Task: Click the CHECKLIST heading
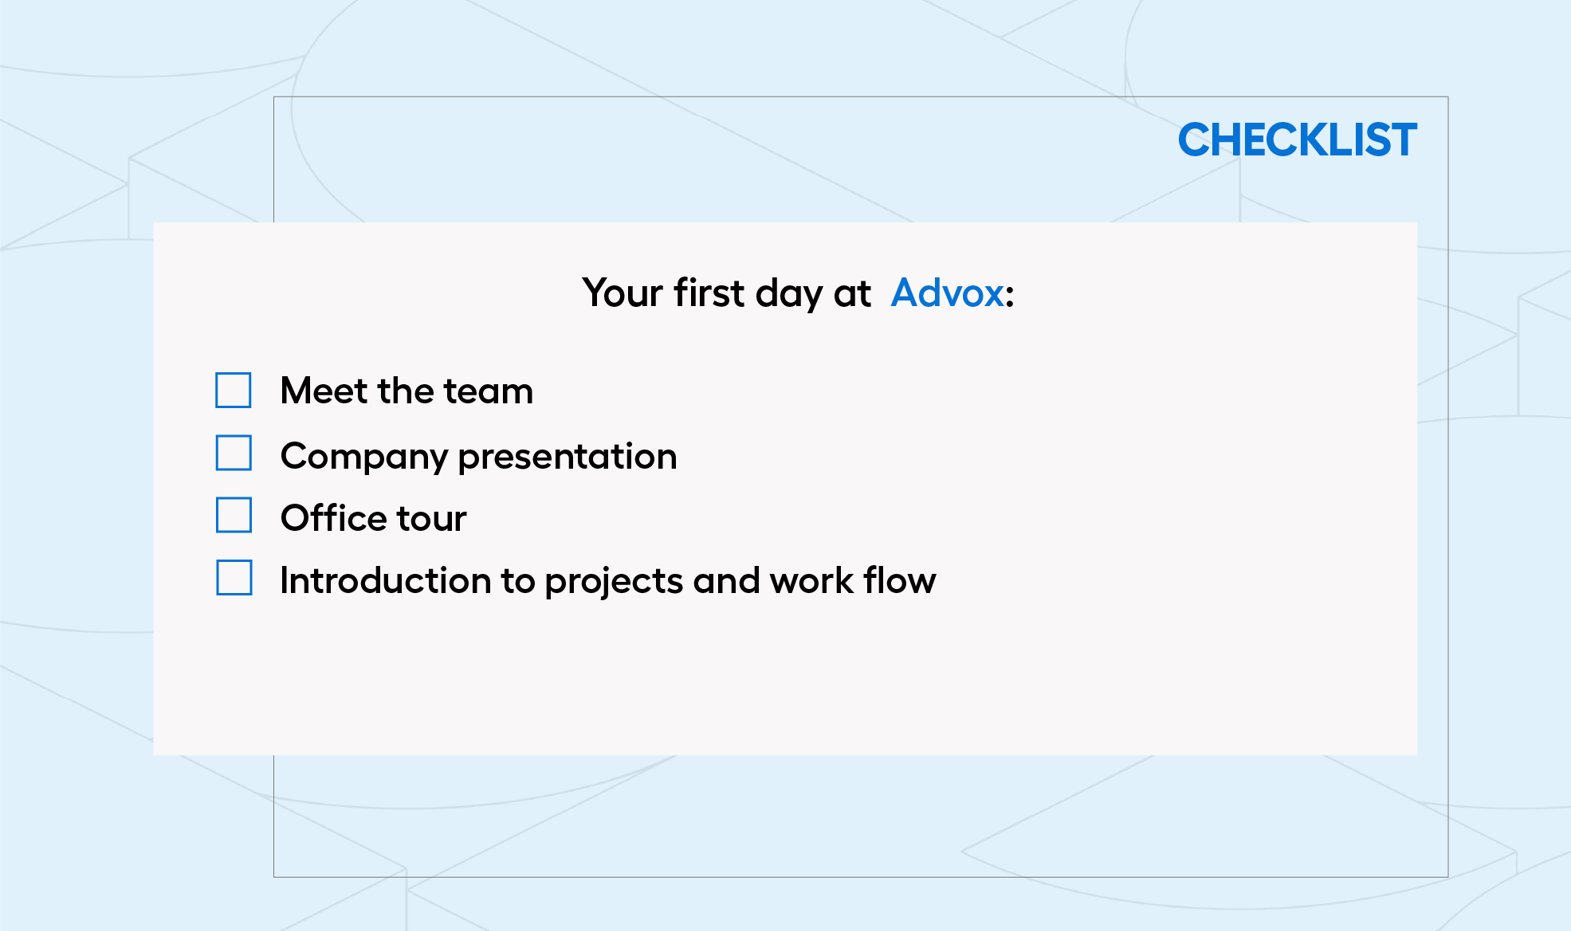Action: click(1298, 140)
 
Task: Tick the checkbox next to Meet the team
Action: click(234, 391)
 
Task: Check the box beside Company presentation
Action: click(234, 453)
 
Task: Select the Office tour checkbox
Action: click(234, 515)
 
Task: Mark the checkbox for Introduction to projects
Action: click(234, 578)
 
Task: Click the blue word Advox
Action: click(947, 293)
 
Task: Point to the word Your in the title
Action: click(623, 293)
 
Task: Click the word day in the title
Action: click(789, 294)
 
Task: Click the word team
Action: click(488, 391)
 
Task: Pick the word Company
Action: click(363, 457)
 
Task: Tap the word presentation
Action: click(568, 457)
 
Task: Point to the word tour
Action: click(431, 519)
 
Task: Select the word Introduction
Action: click(385, 579)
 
